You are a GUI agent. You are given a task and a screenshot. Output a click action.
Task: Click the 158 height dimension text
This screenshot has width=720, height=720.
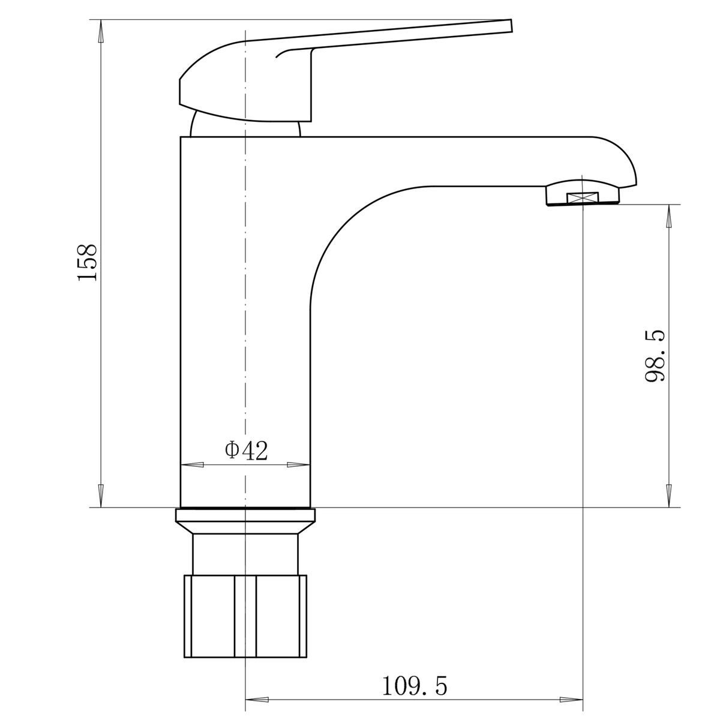87,262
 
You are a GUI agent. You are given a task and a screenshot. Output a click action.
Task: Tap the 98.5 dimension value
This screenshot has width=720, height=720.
655,355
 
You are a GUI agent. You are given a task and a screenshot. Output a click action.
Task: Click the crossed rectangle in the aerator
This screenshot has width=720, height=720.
583,197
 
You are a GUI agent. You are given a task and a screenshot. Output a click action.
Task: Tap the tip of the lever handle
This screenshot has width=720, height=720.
511,25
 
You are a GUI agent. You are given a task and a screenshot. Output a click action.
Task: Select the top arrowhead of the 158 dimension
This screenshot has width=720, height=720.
101,31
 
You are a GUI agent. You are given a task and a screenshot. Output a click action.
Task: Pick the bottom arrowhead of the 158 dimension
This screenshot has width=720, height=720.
101,496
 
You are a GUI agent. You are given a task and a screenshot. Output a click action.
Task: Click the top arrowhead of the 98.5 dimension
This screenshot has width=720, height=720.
669,215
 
